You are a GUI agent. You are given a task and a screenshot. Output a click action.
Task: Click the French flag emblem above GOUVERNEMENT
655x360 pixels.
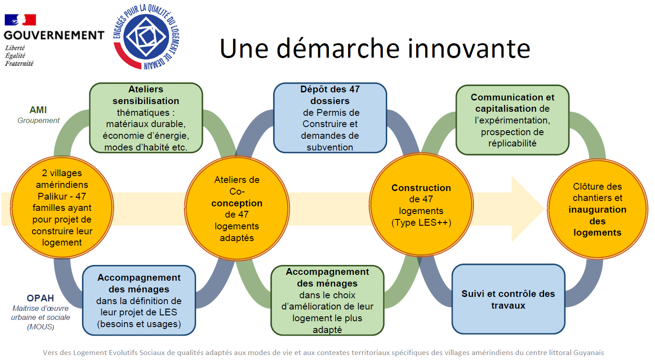[x=20, y=20]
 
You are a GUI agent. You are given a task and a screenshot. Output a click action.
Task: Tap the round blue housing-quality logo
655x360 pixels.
[x=146, y=37]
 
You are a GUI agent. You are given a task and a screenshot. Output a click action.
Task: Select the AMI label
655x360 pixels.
[x=38, y=110]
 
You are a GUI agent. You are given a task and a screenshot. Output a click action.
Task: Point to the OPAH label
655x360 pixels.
[x=41, y=298]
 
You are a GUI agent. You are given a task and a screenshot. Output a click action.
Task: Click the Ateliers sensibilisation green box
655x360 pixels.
[x=146, y=118]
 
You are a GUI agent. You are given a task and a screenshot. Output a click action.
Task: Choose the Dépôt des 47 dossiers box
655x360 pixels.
[x=330, y=118]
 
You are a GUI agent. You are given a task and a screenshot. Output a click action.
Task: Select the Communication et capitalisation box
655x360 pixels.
[x=512, y=120]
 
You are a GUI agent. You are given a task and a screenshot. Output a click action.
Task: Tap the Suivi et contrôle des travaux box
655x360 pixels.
[x=508, y=299]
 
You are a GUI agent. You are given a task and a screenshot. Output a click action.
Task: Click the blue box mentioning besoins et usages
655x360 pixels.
[x=139, y=301]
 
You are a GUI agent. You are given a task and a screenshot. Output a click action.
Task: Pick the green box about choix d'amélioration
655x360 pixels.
[x=327, y=301]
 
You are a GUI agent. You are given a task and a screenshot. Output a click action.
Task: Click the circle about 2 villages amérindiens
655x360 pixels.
[x=62, y=207]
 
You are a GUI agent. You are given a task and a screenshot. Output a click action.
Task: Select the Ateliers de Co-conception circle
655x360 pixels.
[x=237, y=208]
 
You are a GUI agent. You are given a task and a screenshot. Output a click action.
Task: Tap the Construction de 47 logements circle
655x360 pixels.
[x=421, y=205]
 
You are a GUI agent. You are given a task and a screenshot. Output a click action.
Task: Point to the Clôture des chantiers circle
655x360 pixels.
[x=597, y=209]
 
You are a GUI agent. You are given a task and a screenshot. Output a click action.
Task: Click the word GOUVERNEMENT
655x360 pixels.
[x=54, y=35]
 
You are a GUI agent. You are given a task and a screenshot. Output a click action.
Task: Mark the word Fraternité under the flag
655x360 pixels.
[x=19, y=64]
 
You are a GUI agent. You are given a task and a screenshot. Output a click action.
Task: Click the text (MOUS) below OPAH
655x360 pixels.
[x=41, y=327]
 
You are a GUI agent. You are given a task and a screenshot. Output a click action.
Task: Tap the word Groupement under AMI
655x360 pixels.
[x=38, y=120]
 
